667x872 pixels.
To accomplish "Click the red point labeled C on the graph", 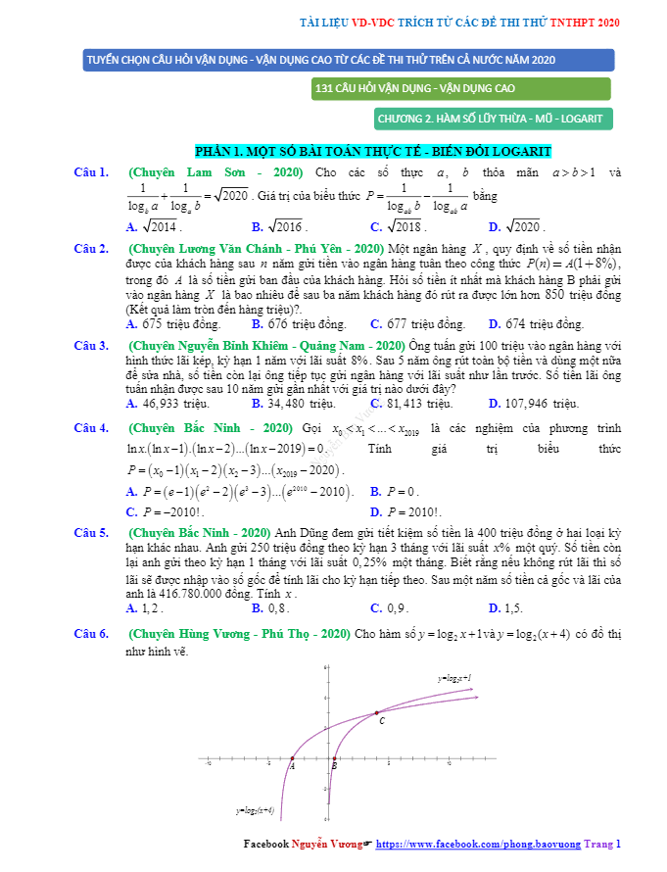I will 376,712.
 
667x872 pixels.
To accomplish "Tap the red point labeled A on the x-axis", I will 292,758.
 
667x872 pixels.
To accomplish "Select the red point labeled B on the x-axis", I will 334,758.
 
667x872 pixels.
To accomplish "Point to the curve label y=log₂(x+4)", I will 254,811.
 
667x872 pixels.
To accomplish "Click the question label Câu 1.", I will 91,172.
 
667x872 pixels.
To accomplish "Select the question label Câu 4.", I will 91,427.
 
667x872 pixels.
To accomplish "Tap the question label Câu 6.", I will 91,634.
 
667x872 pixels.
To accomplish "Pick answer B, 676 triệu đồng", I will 299,324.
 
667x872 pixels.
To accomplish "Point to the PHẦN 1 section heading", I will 373,151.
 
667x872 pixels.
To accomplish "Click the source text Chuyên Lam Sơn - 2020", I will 206,172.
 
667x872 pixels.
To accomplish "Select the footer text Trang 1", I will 602,844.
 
